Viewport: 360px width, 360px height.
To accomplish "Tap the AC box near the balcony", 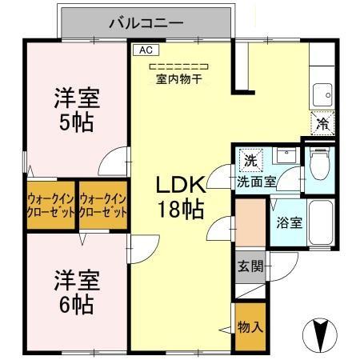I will [x=144, y=49].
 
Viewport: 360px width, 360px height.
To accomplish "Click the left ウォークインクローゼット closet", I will [x=51, y=206].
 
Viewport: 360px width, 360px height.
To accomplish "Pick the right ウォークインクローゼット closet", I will [x=104, y=206].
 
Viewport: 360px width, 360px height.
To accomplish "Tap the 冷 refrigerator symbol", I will [x=322, y=124].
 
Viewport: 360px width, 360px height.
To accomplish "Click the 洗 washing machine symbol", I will [x=250, y=158].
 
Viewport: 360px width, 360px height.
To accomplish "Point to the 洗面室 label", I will [x=256, y=182].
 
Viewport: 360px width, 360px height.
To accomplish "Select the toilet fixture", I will [x=319, y=165].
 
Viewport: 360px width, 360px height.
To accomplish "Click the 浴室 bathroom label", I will [x=289, y=222].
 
